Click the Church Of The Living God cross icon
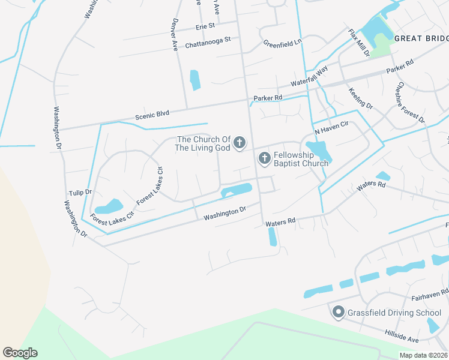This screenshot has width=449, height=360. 240,143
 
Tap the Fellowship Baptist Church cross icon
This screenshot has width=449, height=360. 264,158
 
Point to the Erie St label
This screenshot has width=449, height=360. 205,27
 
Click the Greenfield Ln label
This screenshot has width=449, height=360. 282,43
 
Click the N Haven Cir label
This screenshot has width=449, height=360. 331,128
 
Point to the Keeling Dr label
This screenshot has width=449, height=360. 361,98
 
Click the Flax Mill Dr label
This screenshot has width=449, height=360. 360,43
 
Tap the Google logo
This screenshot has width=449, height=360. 20,353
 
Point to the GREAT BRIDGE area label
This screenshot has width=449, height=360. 421,38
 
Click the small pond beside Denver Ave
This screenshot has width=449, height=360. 194,80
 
